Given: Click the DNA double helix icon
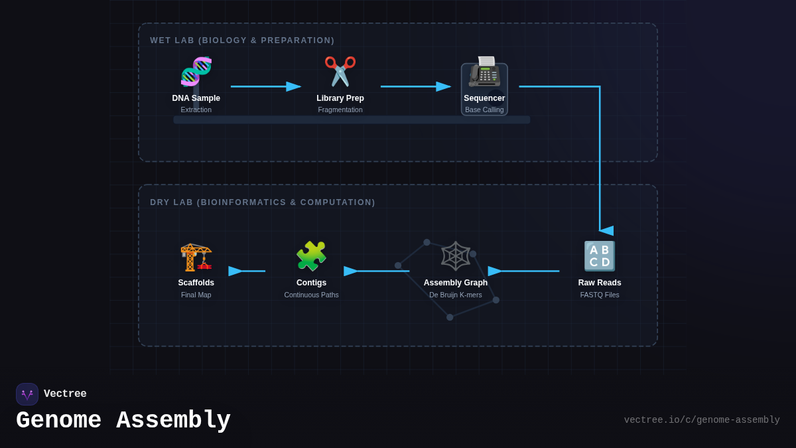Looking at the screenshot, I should [196, 72].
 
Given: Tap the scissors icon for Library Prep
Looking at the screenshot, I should [340, 72].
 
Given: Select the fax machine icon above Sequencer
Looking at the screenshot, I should [484, 72].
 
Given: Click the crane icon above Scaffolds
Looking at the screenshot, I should [196, 256].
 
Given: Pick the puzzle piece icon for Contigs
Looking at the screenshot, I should [311, 256].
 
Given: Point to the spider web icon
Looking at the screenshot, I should [456, 256].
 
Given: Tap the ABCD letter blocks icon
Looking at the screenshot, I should [600, 256].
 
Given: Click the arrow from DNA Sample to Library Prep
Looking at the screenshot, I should [265, 86].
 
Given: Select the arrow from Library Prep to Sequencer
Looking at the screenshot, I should [415, 86].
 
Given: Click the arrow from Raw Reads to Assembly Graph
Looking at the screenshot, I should [524, 271].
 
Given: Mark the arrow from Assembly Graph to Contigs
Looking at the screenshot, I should [377, 271].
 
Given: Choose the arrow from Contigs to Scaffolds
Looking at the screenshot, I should [247, 271].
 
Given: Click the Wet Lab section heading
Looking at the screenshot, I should [242, 40].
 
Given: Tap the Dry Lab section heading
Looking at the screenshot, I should [263, 202].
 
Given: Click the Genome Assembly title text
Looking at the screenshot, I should [123, 421].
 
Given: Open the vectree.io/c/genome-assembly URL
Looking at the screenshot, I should [702, 420].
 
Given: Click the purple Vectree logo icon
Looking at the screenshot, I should [27, 394].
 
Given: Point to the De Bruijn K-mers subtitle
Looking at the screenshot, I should [456, 295].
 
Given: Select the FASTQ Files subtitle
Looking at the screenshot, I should [600, 295].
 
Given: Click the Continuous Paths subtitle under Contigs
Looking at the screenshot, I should [311, 295].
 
